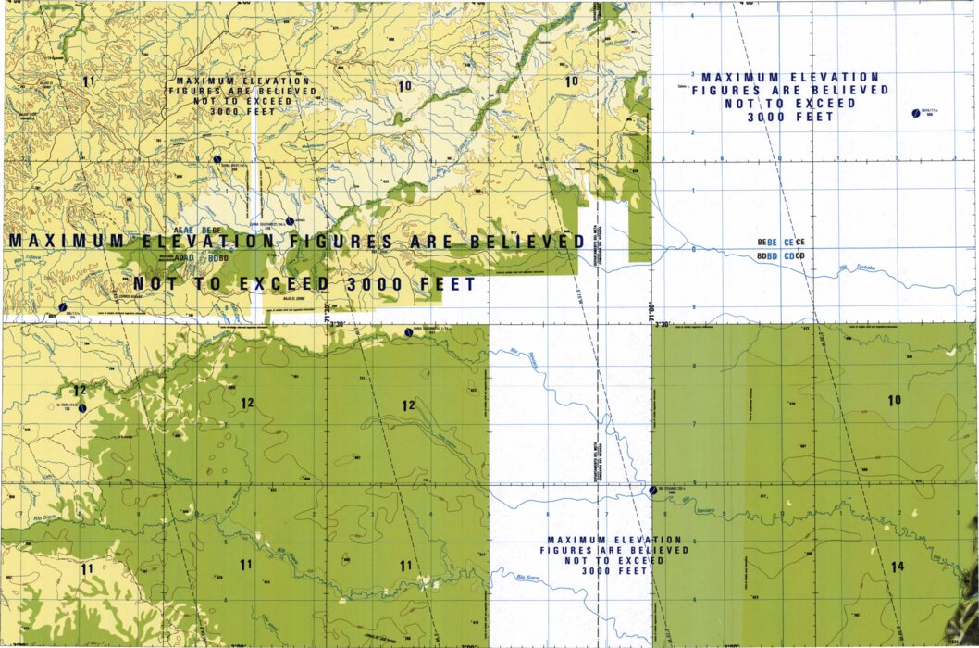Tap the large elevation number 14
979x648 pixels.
tap(897, 566)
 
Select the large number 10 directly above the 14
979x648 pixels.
tap(894, 400)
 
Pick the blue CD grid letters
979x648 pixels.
tap(788, 255)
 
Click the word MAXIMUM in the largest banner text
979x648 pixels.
tap(53, 241)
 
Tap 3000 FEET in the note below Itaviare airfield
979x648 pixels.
tap(613, 571)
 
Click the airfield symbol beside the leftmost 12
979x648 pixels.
tap(81, 406)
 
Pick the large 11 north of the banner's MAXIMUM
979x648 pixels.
tap(88, 81)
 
